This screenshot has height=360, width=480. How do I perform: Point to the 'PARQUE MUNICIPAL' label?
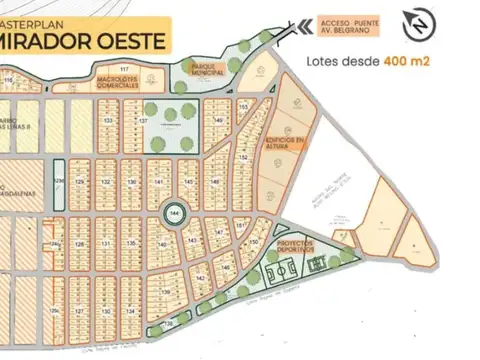click(x=208, y=70)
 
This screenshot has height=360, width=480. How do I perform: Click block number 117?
click(x=124, y=96)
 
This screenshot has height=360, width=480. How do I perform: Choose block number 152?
click(x=243, y=158)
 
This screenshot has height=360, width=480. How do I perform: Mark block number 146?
click(x=226, y=268)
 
